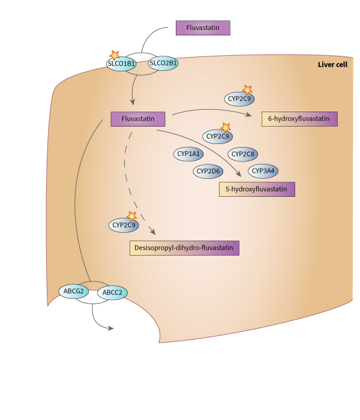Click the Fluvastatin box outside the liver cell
click(x=203, y=28)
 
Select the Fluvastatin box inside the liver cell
click(x=138, y=119)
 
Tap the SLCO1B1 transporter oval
click(x=121, y=64)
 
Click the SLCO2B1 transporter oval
click(x=163, y=63)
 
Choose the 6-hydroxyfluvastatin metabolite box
click(x=299, y=119)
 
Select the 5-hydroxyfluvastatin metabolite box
click(x=257, y=190)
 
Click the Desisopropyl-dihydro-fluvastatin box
click(x=184, y=247)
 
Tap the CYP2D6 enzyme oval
click(x=209, y=172)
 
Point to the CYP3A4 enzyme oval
click(x=263, y=172)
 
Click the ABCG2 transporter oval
click(x=73, y=291)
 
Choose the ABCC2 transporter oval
click(x=112, y=293)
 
